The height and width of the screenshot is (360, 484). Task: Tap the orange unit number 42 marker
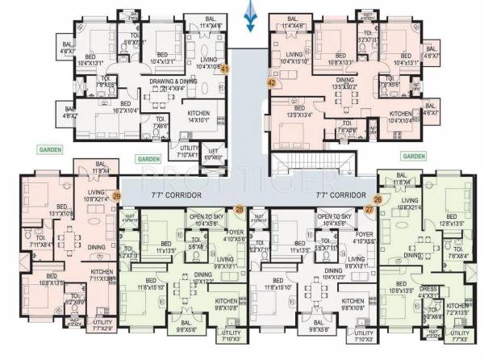(x=271, y=82)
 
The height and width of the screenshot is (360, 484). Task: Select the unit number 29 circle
(x=116, y=195)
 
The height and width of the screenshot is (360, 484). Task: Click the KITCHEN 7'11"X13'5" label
(x=102, y=276)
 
